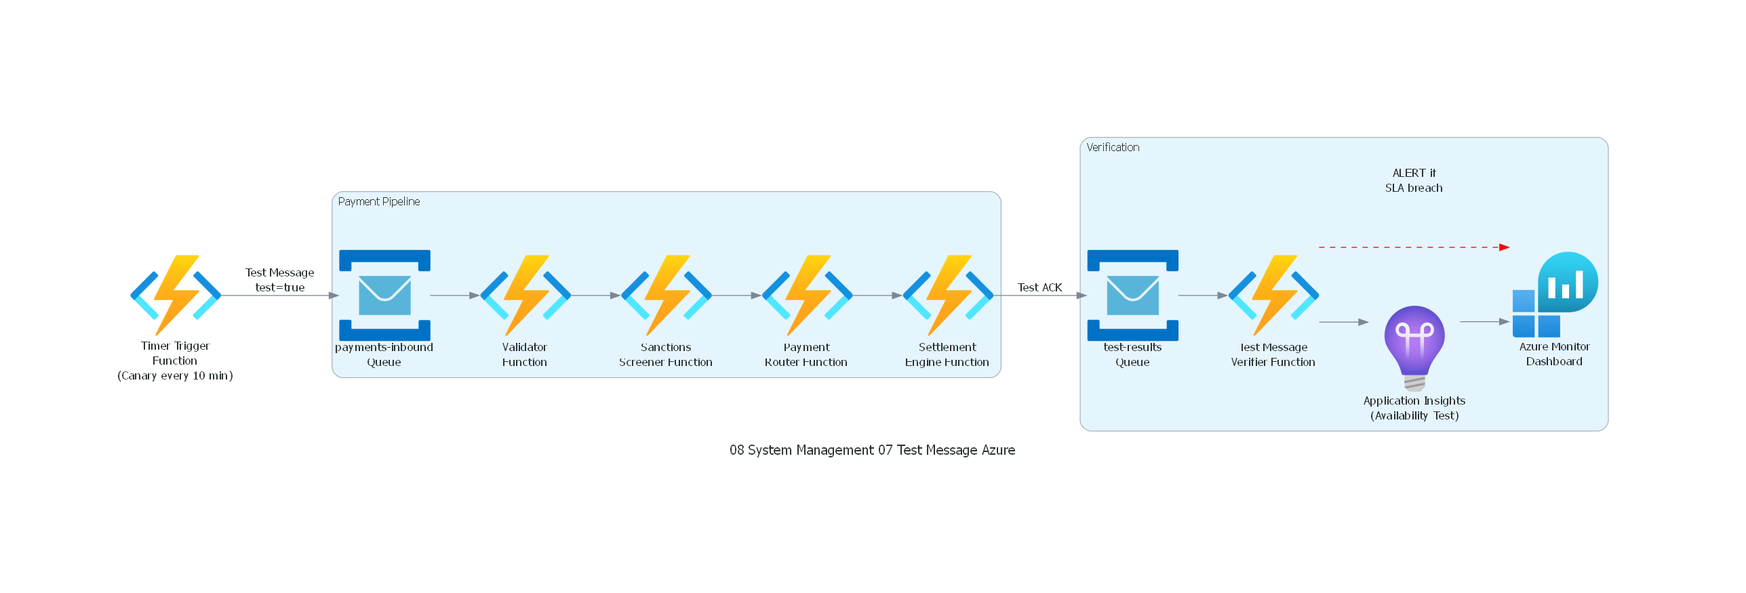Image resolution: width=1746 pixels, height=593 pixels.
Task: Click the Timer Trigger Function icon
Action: pyautogui.click(x=176, y=295)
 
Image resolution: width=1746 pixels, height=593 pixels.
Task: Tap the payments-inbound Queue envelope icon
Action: pyautogui.click(x=384, y=295)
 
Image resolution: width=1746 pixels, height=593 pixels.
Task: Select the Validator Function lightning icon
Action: pyautogui.click(x=525, y=295)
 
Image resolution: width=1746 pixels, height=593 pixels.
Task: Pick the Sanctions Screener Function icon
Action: pyautogui.click(x=666, y=295)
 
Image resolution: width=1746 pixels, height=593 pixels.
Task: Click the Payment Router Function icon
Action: pyautogui.click(x=807, y=295)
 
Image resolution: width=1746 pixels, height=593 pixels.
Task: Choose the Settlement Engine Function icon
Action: pyautogui.click(x=948, y=295)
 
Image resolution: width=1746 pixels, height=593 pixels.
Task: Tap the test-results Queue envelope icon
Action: pyautogui.click(x=1132, y=295)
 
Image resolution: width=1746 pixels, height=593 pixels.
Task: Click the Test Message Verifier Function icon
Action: pyautogui.click(x=1273, y=295)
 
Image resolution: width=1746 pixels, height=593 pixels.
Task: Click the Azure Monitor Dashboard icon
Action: pyautogui.click(x=1555, y=295)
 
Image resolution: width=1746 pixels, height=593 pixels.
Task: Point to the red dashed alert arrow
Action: pyautogui.click(x=1414, y=247)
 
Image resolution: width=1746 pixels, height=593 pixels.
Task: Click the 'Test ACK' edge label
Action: pyautogui.click(x=1039, y=287)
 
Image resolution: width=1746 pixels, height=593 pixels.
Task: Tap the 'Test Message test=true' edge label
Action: pyautogui.click(x=279, y=279)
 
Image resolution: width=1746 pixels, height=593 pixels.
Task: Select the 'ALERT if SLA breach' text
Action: pyautogui.click(x=1414, y=180)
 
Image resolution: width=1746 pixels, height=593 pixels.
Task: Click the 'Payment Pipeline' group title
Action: pyautogui.click(x=379, y=201)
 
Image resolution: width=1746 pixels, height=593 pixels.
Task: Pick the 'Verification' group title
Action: pyautogui.click(x=1113, y=147)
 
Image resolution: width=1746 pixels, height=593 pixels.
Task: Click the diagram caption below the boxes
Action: pyautogui.click(x=872, y=450)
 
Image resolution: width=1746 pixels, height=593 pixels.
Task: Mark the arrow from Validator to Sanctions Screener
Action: pyautogui.click(x=595, y=295)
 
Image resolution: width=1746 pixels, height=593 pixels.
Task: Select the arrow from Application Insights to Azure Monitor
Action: pyautogui.click(x=1484, y=322)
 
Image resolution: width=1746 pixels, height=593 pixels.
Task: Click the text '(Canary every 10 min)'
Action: pyautogui.click(x=175, y=375)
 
